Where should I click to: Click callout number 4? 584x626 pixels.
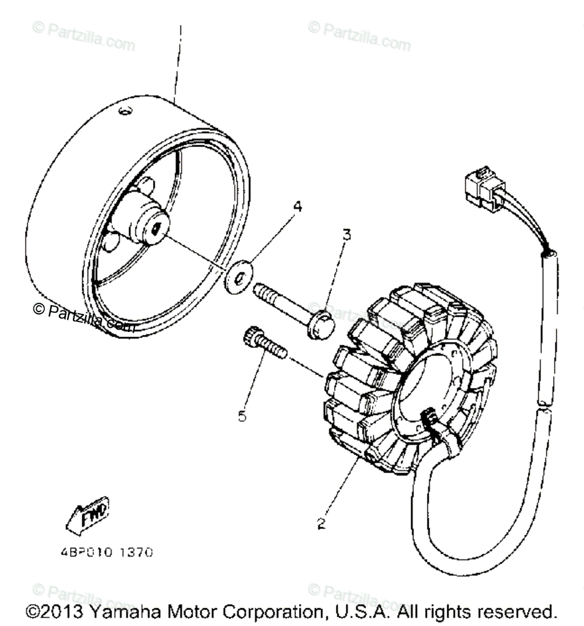click(297, 206)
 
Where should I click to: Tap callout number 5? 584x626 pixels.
click(242, 416)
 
